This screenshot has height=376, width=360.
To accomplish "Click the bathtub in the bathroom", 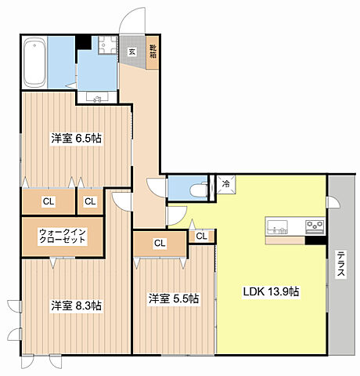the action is (34, 63).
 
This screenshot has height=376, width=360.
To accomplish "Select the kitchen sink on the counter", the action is (278, 227).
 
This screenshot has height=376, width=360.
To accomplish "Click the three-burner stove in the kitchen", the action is (315, 226).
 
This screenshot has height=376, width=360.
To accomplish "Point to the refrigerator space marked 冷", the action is (226, 184).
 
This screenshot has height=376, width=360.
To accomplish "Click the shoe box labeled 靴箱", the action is (153, 52).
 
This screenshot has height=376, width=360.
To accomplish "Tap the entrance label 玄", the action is (131, 52).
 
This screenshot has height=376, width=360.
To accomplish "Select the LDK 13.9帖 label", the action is (271, 291).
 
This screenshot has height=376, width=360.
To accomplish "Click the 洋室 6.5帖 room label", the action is (77, 138).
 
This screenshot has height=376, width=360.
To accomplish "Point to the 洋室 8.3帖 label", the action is (77, 305).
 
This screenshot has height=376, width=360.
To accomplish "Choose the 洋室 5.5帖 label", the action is (174, 298).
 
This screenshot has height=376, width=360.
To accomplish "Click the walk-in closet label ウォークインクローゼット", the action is (63, 236).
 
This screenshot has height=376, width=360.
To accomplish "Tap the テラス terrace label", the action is (340, 264).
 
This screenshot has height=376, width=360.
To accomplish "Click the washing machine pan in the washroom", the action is (108, 45).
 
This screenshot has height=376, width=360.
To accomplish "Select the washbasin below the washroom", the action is (97, 97).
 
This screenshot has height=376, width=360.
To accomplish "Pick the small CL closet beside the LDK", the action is (202, 237).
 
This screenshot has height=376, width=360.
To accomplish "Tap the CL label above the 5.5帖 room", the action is (160, 244).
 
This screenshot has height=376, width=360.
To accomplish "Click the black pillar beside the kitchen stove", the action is (315, 240).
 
